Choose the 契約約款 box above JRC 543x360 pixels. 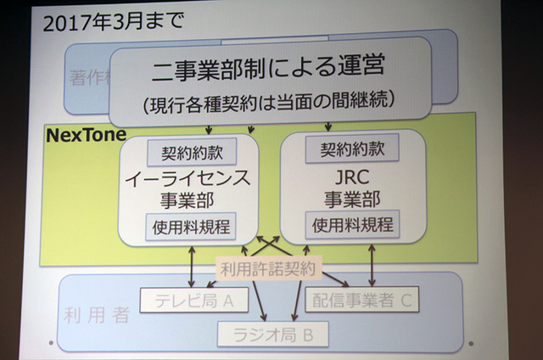(x=352, y=149)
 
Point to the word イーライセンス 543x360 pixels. (x=192, y=180)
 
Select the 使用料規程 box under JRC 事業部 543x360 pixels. (x=352, y=226)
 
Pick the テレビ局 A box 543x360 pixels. (x=193, y=298)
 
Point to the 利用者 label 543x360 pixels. (x=96, y=315)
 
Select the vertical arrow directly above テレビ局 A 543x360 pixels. (x=194, y=264)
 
